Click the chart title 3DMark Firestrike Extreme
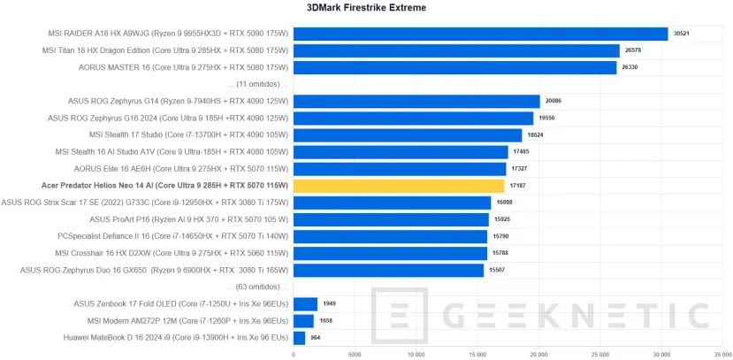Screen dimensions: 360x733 (366, 8)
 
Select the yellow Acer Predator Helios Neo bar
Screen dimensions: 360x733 (399, 186)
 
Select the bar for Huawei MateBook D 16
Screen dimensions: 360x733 (299, 338)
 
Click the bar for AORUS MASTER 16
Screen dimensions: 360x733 (454, 68)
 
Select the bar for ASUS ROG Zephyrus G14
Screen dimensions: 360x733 (416, 102)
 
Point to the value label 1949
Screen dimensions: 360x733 (330, 304)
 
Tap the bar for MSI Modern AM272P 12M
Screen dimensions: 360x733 (303, 321)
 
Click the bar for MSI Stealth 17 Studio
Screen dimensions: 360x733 (408, 135)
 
